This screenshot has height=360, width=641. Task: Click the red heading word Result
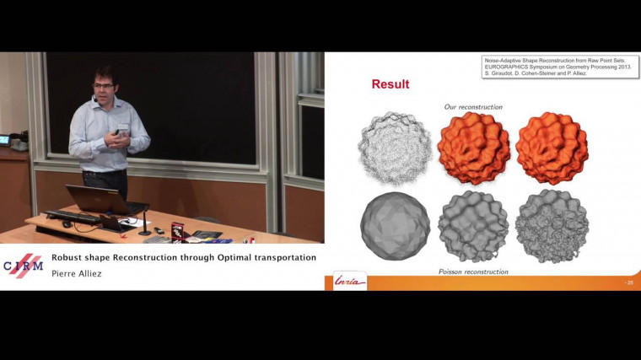tap(391, 84)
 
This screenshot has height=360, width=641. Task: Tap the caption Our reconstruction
tap(473, 107)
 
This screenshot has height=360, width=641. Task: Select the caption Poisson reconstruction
tap(473, 271)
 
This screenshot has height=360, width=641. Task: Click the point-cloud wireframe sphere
tap(395, 148)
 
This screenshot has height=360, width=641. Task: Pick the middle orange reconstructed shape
tap(474, 148)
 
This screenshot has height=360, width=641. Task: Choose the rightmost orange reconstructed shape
tap(552, 148)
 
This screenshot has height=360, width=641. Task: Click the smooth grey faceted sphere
tap(395, 226)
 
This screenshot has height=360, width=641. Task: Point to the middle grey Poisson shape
tap(473, 226)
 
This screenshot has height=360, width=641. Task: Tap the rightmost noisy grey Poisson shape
tap(552, 226)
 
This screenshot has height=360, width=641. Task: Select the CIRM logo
tap(23, 266)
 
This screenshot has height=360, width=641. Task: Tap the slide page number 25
tap(628, 282)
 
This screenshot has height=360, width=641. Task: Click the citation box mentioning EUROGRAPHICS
tap(559, 67)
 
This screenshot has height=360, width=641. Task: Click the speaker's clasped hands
tap(121, 136)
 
